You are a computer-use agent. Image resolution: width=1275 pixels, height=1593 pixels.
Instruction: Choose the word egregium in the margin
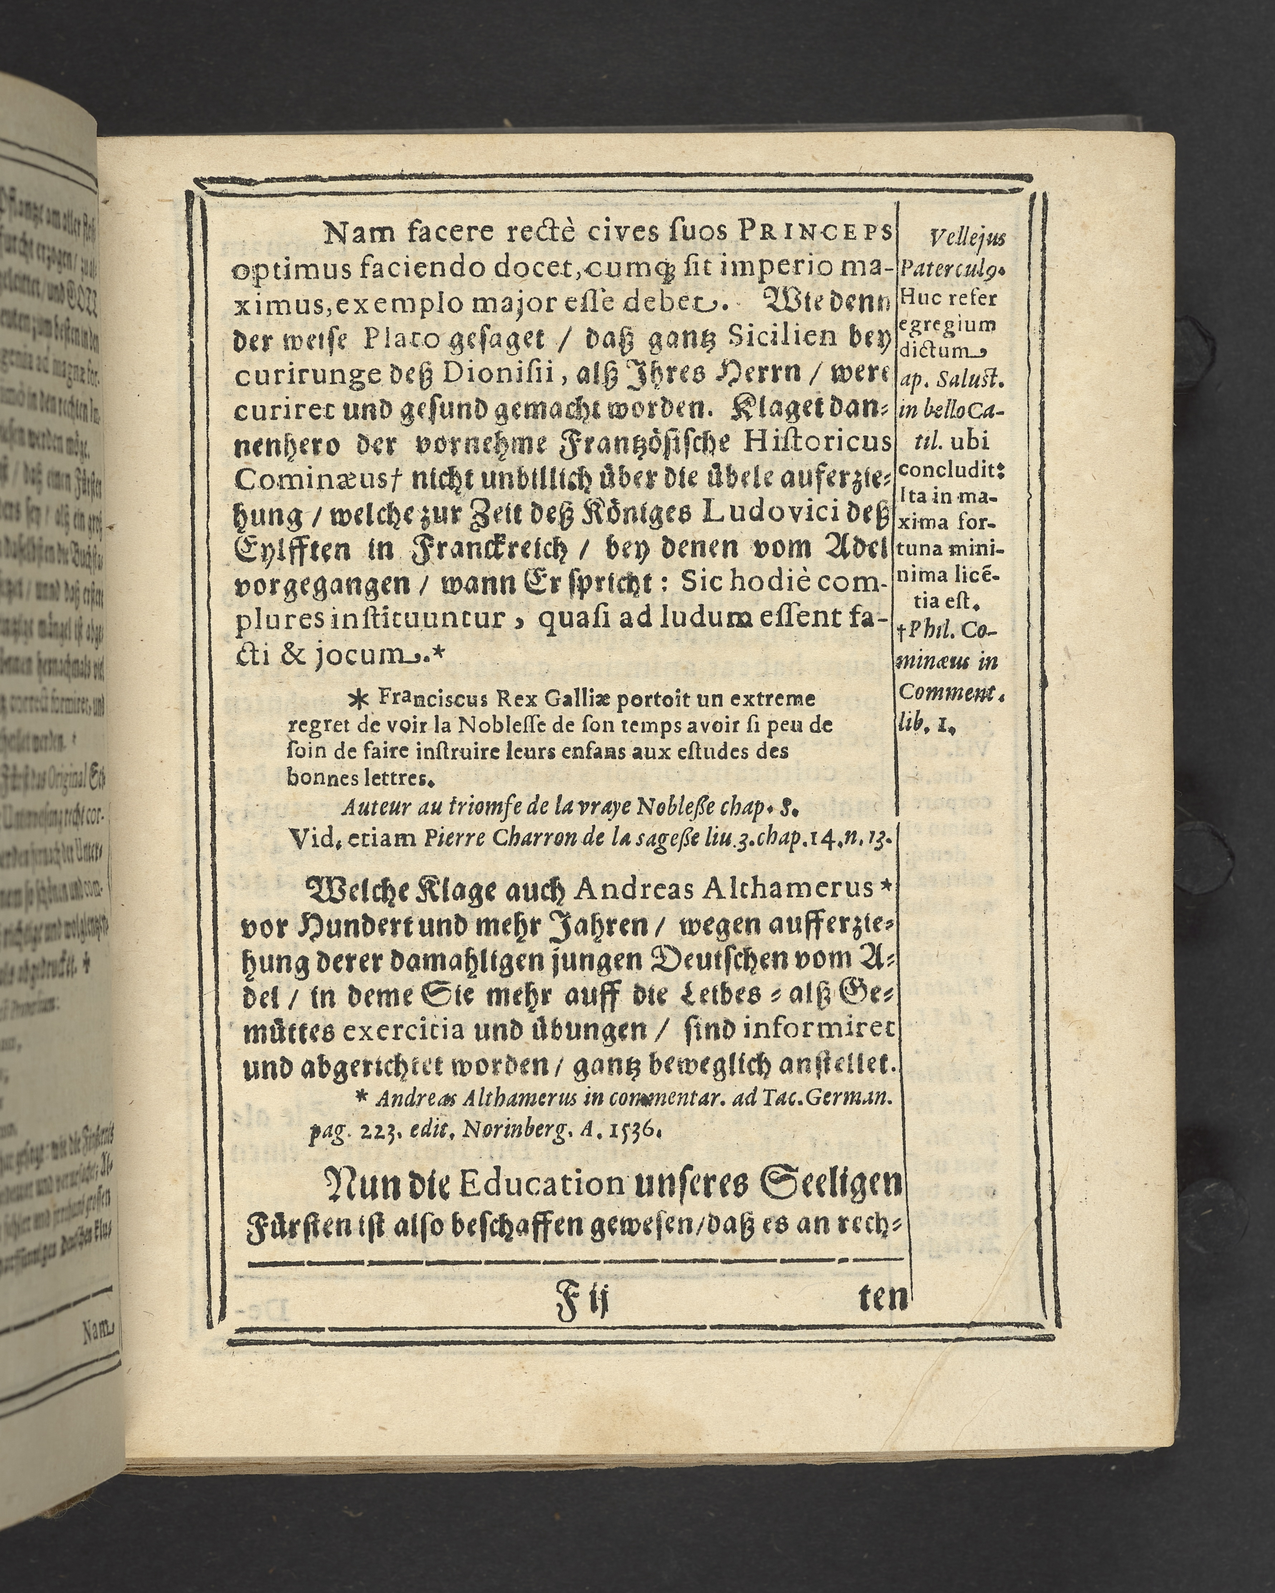(948, 324)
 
